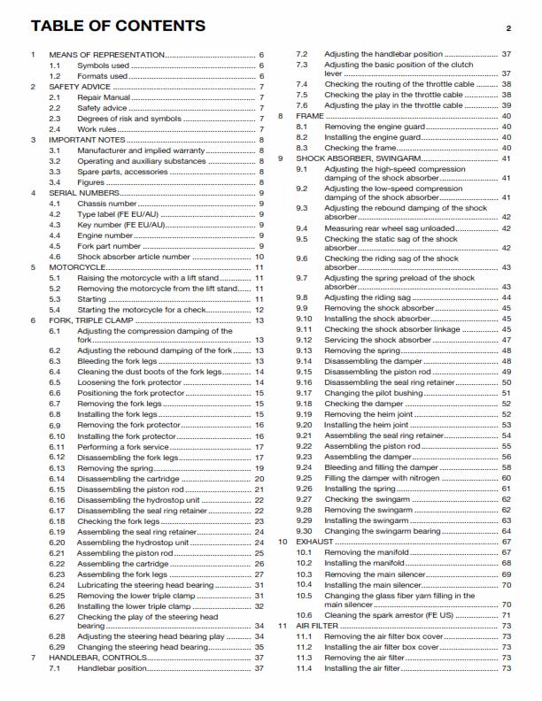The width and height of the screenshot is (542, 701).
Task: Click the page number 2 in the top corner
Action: click(508, 28)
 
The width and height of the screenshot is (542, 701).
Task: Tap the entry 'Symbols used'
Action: click(103, 65)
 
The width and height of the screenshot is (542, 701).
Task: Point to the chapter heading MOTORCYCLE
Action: click(80, 266)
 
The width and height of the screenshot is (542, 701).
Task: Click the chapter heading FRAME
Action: click(308, 116)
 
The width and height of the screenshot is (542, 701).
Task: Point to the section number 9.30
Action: click(304, 531)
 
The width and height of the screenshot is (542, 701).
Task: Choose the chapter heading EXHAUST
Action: click(314, 541)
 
